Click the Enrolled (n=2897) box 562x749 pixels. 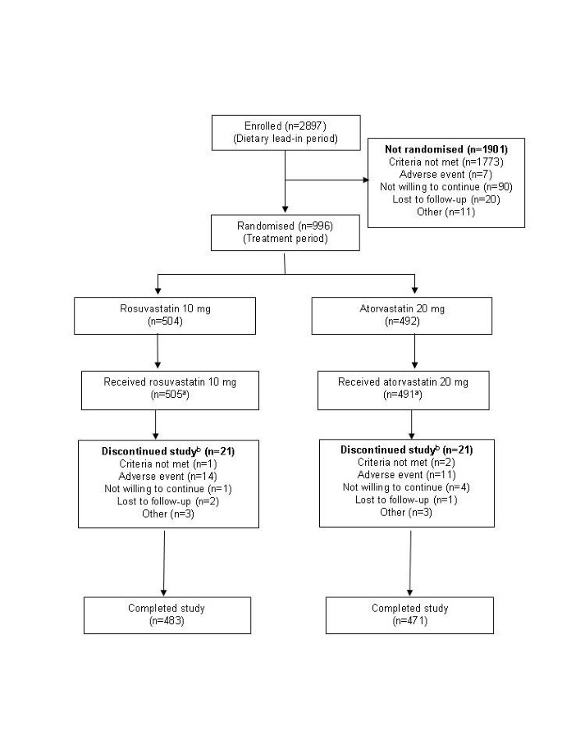tap(284, 133)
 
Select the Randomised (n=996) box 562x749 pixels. tap(284, 232)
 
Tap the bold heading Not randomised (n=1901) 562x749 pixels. tap(445, 150)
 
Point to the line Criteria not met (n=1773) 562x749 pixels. tap(445, 162)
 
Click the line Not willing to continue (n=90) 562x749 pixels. tap(445, 187)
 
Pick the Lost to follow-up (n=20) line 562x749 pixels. tap(445, 199)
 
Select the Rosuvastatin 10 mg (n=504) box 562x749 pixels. tap(157, 316)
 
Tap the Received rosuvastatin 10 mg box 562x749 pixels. tap(157, 390)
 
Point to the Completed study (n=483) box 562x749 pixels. tap(167, 614)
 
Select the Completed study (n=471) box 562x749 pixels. tap(409, 614)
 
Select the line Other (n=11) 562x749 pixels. tap(445, 212)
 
